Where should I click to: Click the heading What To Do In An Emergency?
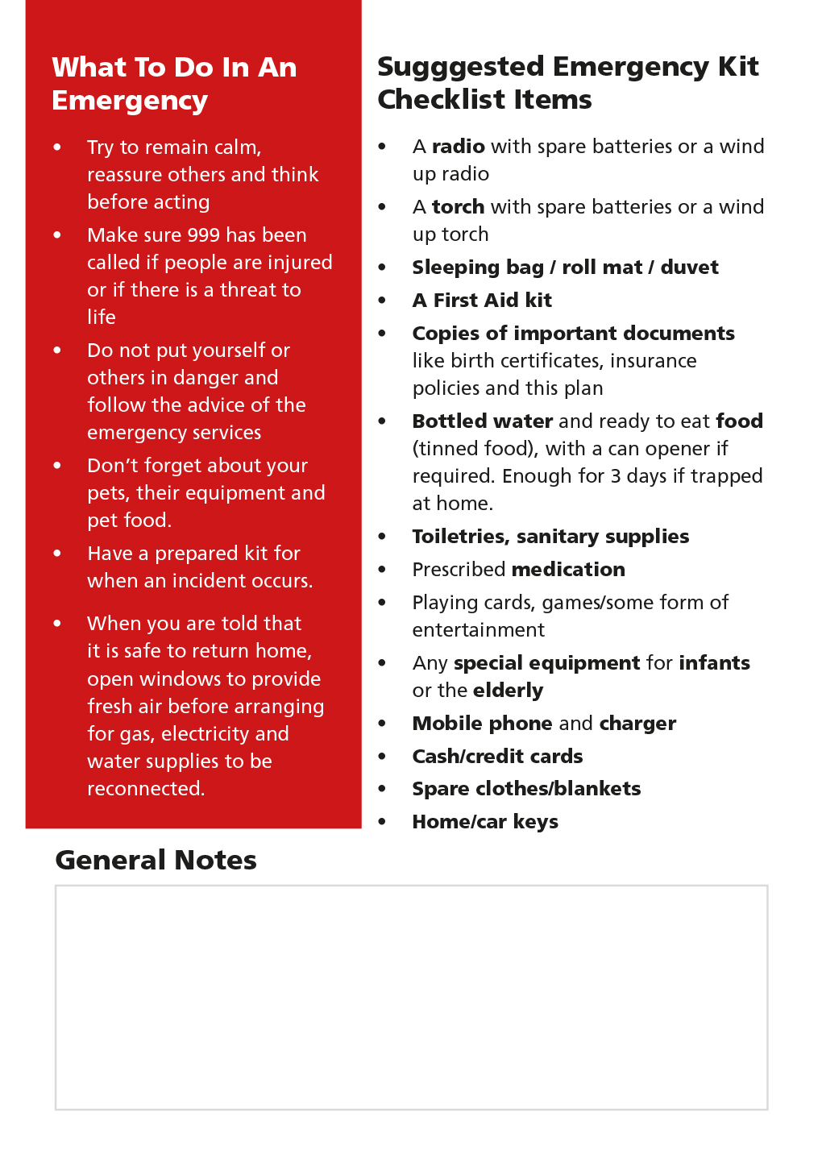(x=174, y=84)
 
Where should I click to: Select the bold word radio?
(x=458, y=147)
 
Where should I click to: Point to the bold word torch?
(x=458, y=207)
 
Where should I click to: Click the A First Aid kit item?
(x=482, y=301)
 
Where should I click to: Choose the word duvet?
(x=689, y=268)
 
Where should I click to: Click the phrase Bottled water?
(x=482, y=421)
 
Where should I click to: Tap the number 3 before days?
(x=615, y=476)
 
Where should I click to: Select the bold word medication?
(x=568, y=570)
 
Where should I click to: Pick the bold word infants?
(x=714, y=663)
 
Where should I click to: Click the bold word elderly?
(x=508, y=691)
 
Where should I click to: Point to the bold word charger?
(x=637, y=724)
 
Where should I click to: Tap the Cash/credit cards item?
(x=497, y=757)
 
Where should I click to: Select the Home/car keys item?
(x=485, y=822)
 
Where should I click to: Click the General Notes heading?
(x=156, y=861)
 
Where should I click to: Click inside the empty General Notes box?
(x=411, y=998)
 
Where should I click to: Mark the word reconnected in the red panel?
(x=145, y=789)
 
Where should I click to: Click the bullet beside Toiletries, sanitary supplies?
(x=382, y=537)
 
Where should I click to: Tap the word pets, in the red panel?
(x=107, y=493)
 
